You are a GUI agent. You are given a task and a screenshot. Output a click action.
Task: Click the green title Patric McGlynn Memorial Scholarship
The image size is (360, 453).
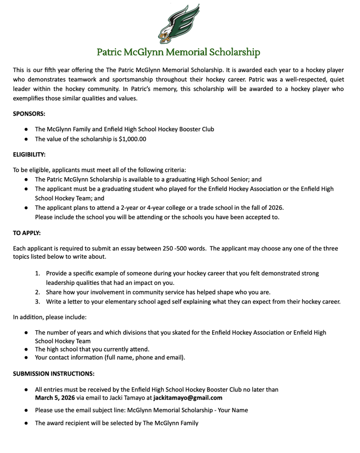coord(179,52)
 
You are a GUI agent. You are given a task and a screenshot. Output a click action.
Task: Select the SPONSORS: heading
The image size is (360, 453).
coord(29,114)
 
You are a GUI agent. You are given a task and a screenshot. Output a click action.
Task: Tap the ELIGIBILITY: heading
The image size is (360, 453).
coord(29,154)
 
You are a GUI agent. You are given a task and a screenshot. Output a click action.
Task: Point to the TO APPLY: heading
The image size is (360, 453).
coord(27,233)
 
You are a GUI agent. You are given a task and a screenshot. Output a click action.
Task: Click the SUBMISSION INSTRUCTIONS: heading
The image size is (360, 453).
coord(54,374)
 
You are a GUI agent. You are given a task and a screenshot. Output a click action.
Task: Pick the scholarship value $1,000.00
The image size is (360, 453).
coord(132,139)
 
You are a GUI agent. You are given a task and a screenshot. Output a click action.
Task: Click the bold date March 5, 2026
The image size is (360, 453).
coord(54,398)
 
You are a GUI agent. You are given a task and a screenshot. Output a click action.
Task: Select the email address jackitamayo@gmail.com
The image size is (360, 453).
coord(188,398)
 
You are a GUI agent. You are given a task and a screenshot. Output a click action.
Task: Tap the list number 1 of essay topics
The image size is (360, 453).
coord(38,274)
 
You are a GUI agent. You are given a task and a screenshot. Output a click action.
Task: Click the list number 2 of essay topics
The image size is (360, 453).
coord(38,292)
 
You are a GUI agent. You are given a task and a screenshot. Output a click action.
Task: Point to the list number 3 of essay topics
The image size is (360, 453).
coord(38,301)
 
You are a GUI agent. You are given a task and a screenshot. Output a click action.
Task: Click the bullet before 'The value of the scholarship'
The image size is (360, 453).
coord(27,139)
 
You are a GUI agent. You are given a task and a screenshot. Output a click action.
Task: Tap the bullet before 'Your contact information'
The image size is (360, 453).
coord(27,357)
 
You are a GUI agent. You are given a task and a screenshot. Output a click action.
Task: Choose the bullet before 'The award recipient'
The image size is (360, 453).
coord(27,423)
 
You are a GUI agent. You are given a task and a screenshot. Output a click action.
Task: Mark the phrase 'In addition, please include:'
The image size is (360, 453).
coord(49,317)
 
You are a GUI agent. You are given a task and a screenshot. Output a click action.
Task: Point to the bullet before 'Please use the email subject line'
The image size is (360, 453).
coord(27,410)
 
